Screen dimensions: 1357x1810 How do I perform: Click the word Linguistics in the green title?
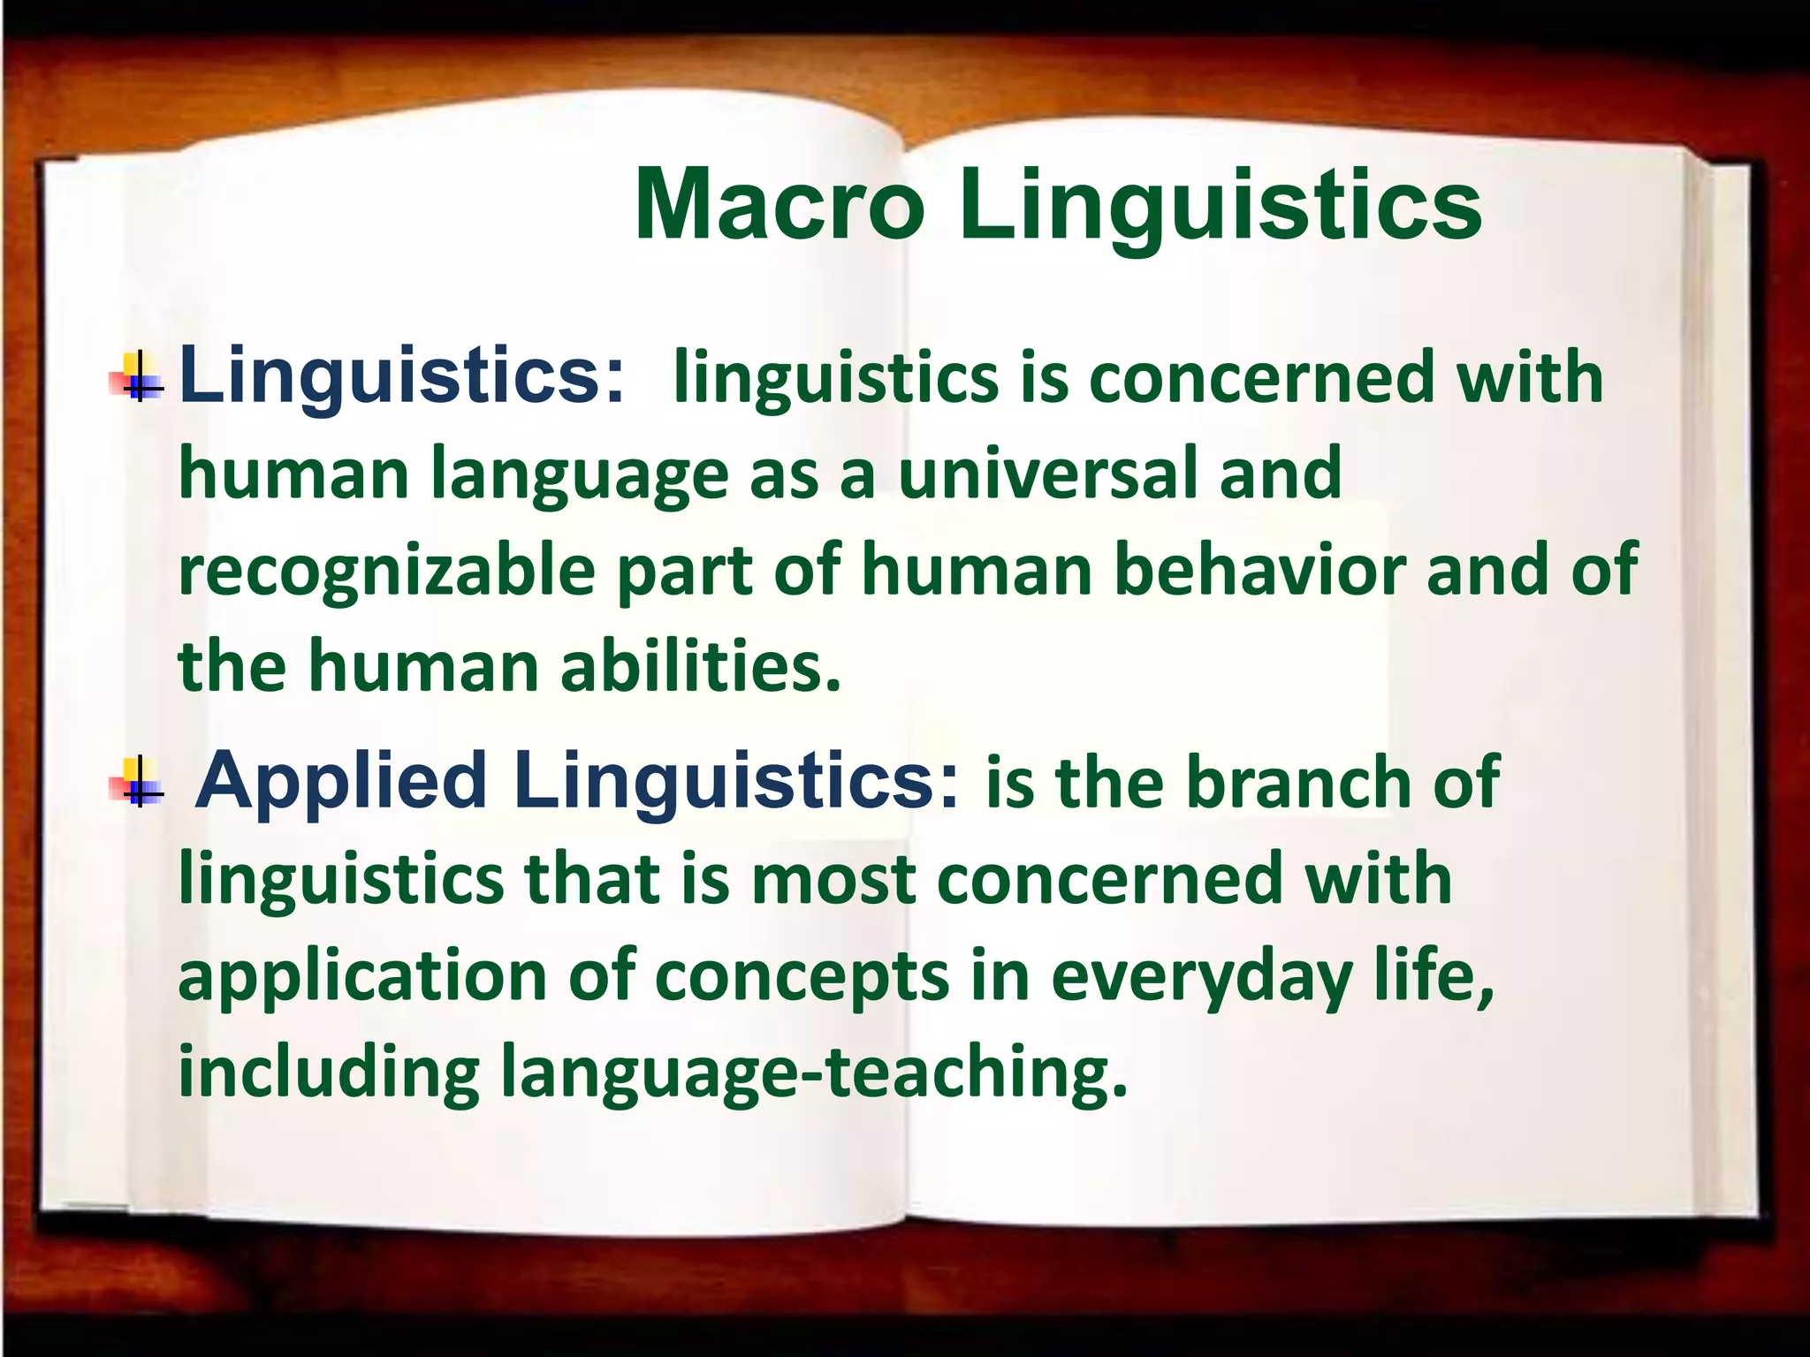click(x=1221, y=208)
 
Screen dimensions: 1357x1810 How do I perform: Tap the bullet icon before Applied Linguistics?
click(x=138, y=783)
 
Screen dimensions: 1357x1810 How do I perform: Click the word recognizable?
click(x=387, y=572)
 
